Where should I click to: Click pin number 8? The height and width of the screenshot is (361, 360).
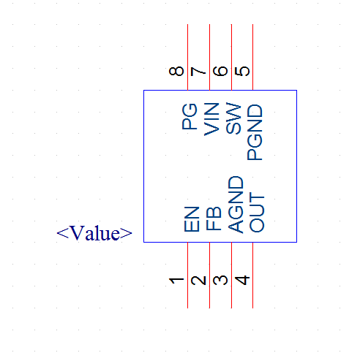(x=176, y=71)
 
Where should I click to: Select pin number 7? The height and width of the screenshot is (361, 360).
(x=198, y=72)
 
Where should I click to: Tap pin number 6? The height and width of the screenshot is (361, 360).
(x=220, y=71)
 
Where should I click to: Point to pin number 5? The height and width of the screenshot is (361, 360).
(x=242, y=71)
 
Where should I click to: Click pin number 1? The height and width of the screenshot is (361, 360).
(x=176, y=281)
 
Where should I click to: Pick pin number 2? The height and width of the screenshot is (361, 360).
(x=198, y=281)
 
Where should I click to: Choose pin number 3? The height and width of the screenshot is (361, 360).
(x=220, y=281)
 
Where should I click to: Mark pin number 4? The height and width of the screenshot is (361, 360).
(x=242, y=281)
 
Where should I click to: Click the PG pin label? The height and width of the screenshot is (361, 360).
(x=190, y=116)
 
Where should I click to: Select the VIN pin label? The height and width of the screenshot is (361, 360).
(x=211, y=119)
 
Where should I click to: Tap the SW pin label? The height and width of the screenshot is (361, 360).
(x=233, y=118)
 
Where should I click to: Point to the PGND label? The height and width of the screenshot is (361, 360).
(x=255, y=132)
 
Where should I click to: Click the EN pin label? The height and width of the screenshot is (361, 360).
(x=192, y=219)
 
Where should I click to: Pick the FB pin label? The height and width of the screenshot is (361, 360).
(x=214, y=218)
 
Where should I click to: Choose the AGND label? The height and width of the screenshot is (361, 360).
(x=236, y=205)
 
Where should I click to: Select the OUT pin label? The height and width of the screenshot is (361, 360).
(x=257, y=212)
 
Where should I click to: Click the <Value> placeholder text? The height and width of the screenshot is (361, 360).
(x=94, y=233)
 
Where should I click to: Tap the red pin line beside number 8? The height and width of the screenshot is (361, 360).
(x=187, y=57)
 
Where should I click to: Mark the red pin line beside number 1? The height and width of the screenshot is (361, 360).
(x=187, y=275)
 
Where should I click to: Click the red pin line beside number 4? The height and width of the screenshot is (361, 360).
(x=252, y=275)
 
